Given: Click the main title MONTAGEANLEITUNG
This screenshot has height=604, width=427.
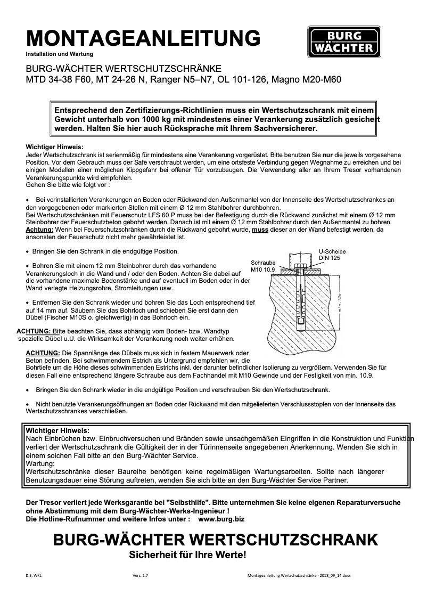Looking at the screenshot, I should (143, 38).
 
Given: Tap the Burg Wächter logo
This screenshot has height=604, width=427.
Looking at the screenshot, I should (343, 42).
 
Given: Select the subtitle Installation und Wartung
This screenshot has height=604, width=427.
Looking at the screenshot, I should (60, 54).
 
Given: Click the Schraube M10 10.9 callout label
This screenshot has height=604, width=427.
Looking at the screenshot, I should (263, 266).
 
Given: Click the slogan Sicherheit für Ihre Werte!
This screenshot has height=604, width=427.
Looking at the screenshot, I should (188, 555).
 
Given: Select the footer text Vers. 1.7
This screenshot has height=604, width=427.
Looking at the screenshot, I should (141, 576).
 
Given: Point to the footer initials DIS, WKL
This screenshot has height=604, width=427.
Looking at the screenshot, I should (34, 576).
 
